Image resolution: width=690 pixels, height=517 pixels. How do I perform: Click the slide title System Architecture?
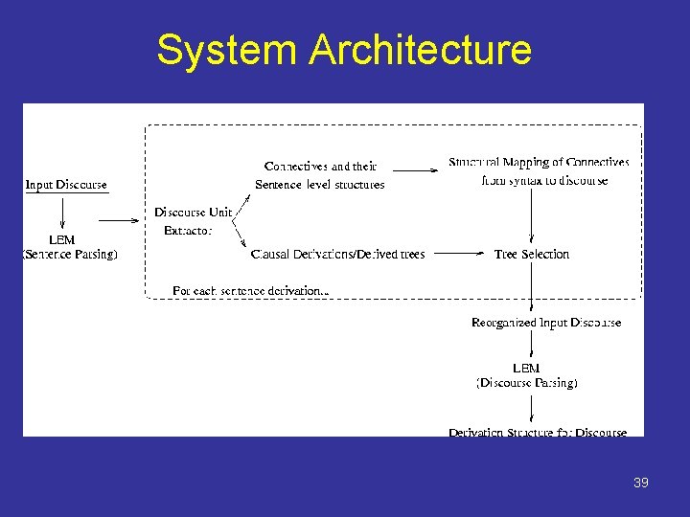(x=344, y=50)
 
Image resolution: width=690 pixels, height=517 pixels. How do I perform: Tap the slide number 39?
(x=641, y=483)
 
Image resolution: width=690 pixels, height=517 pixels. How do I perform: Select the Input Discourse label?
(x=66, y=185)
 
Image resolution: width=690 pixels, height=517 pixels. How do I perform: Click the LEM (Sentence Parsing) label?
(x=69, y=247)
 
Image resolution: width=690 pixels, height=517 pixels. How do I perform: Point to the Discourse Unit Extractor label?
(x=193, y=221)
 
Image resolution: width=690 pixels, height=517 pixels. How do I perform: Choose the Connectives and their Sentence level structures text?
(x=320, y=175)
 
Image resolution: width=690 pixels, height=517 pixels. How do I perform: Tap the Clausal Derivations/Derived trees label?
(x=337, y=254)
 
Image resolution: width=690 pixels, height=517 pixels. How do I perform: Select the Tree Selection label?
(x=532, y=254)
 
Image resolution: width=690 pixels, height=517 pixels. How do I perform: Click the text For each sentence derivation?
(x=251, y=289)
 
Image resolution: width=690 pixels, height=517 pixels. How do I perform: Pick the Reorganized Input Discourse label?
(x=546, y=323)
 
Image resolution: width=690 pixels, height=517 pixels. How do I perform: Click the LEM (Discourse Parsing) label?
(x=527, y=375)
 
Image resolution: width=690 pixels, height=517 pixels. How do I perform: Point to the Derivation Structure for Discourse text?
(x=538, y=433)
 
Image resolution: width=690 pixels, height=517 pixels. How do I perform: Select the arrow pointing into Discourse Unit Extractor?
(x=120, y=220)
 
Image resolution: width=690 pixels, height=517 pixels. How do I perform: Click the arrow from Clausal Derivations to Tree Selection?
(x=461, y=254)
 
